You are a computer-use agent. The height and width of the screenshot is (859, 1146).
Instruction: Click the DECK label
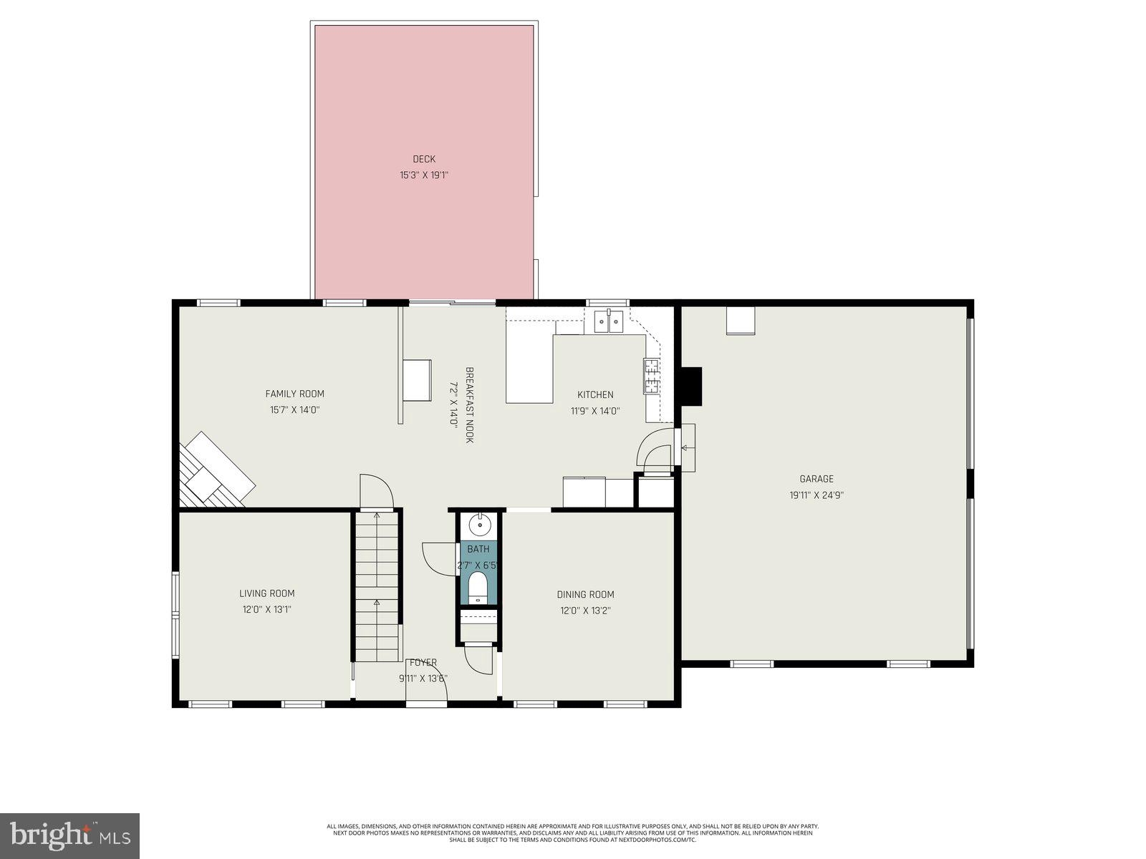[423, 159]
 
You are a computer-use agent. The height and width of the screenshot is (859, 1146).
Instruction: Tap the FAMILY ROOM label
[294, 394]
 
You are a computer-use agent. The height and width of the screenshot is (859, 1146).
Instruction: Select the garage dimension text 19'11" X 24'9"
[817, 495]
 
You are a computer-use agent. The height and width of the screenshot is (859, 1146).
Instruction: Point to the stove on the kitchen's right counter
[651, 376]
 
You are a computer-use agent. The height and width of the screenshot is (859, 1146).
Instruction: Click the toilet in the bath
[478, 588]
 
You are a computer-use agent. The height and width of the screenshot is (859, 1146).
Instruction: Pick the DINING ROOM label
[585, 594]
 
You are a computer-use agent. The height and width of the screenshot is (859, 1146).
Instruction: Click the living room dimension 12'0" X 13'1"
[266, 610]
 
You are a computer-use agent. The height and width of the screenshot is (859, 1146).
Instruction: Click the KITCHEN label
[595, 394]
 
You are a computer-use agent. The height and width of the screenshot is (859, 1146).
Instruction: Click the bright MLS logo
[69, 835]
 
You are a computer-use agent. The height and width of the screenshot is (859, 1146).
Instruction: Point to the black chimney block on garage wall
[690, 387]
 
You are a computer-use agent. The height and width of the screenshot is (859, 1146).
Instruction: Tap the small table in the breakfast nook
[417, 381]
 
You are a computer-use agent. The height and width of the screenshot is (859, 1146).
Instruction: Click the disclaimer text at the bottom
[572, 833]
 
